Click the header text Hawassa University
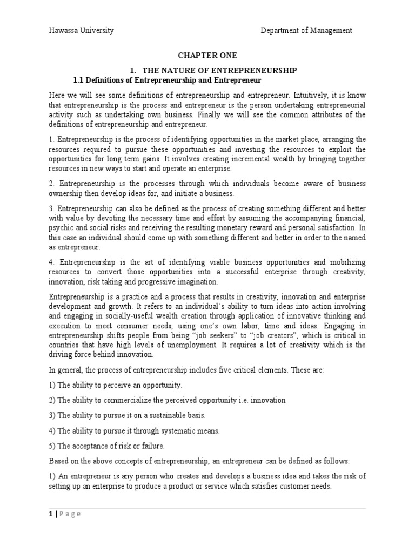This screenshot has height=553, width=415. pyautogui.click(x=81, y=31)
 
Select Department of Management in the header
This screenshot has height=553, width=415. pyautogui.click(x=306, y=31)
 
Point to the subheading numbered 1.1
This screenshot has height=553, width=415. pyautogui.click(x=167, y=80)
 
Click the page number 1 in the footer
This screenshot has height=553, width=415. pyautogui.click(x=51, y=514)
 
